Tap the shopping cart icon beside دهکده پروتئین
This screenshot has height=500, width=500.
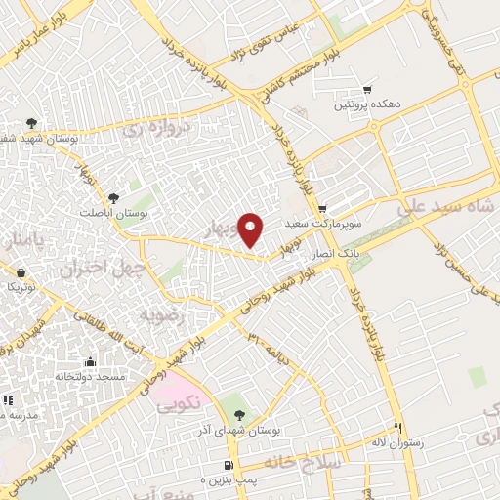(367, 89)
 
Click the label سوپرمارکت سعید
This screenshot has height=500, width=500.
(323, 224)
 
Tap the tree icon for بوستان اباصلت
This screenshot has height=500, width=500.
(114, 198)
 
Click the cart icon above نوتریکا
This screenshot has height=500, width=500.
(21, 273)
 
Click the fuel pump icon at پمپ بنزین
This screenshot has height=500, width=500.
(229, 466)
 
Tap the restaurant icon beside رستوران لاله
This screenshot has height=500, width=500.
(397, 427)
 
